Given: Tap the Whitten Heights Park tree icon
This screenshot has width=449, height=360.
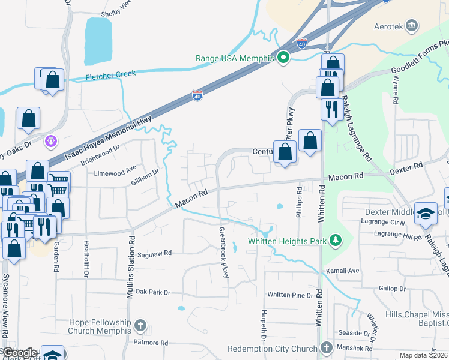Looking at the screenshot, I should tap(336, 241).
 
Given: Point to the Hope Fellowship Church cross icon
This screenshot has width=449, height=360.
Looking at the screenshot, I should tap(140, 326).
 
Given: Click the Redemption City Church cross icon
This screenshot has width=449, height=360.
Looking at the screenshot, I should tap(326, 348).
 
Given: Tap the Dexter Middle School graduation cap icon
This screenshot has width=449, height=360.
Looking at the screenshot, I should tap(425, 214).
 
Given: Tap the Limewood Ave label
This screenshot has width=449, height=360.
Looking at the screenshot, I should tap(116, 173).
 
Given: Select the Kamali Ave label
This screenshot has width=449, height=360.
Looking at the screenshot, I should tap(342, 271).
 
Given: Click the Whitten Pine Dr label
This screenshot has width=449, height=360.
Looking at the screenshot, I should tap(291, 295).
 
